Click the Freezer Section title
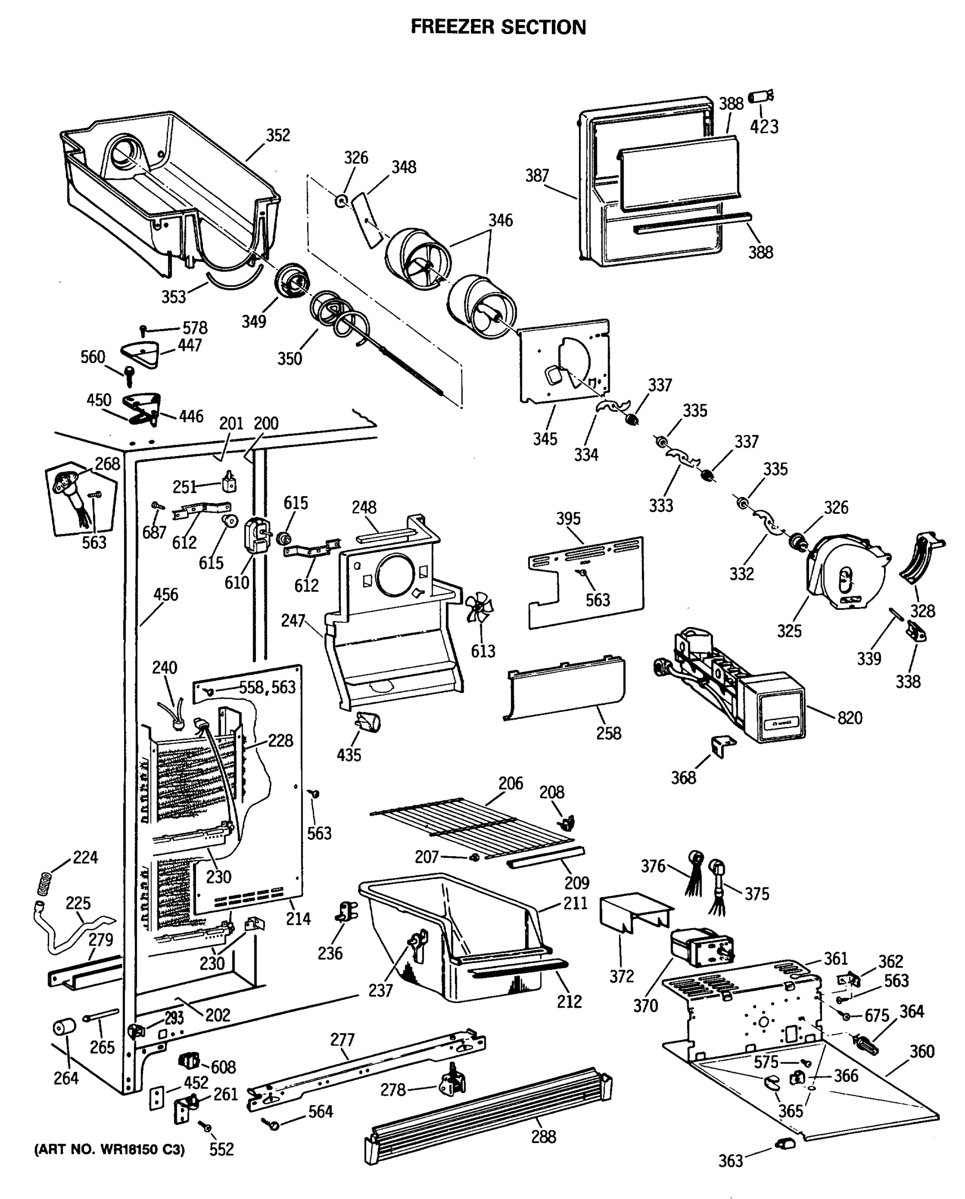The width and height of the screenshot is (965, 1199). point(498,26)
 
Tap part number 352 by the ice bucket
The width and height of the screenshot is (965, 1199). point(277,135)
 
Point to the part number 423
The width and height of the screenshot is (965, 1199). point(764,127)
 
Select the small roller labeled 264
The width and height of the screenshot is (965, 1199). point(64,1027)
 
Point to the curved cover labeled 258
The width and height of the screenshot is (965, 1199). point(565,688)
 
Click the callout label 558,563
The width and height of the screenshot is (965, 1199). point(267,687)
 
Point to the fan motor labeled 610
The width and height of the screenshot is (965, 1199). point(256,535)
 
